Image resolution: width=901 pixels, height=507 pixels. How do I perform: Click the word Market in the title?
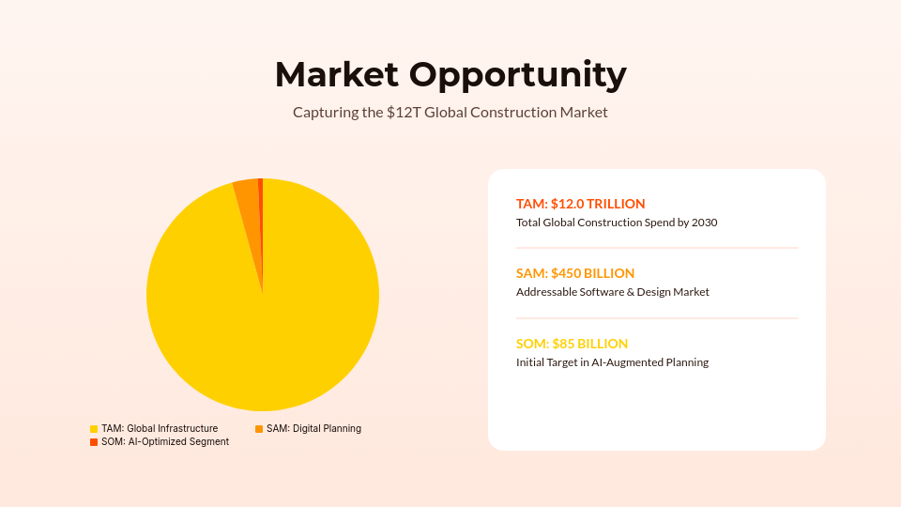335,73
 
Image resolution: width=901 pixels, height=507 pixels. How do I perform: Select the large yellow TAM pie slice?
263,319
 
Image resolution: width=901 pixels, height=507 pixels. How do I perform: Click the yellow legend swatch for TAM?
94,429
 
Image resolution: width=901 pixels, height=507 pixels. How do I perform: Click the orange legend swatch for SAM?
259,429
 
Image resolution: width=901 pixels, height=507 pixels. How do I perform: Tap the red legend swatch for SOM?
94,442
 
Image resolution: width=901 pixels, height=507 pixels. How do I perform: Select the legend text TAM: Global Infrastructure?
160,429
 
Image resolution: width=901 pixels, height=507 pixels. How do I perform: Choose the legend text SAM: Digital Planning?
313,429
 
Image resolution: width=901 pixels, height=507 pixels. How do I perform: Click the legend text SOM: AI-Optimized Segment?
165,442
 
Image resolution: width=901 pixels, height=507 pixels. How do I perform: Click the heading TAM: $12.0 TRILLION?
581,204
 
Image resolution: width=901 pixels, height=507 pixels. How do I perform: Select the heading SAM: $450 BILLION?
575,273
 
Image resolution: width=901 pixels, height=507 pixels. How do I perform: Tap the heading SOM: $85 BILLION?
572,344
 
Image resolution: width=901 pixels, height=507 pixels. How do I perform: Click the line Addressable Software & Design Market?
613,293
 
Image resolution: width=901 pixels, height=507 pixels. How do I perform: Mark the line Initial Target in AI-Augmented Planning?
612,362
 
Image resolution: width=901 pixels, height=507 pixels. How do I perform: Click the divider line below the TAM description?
657,248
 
